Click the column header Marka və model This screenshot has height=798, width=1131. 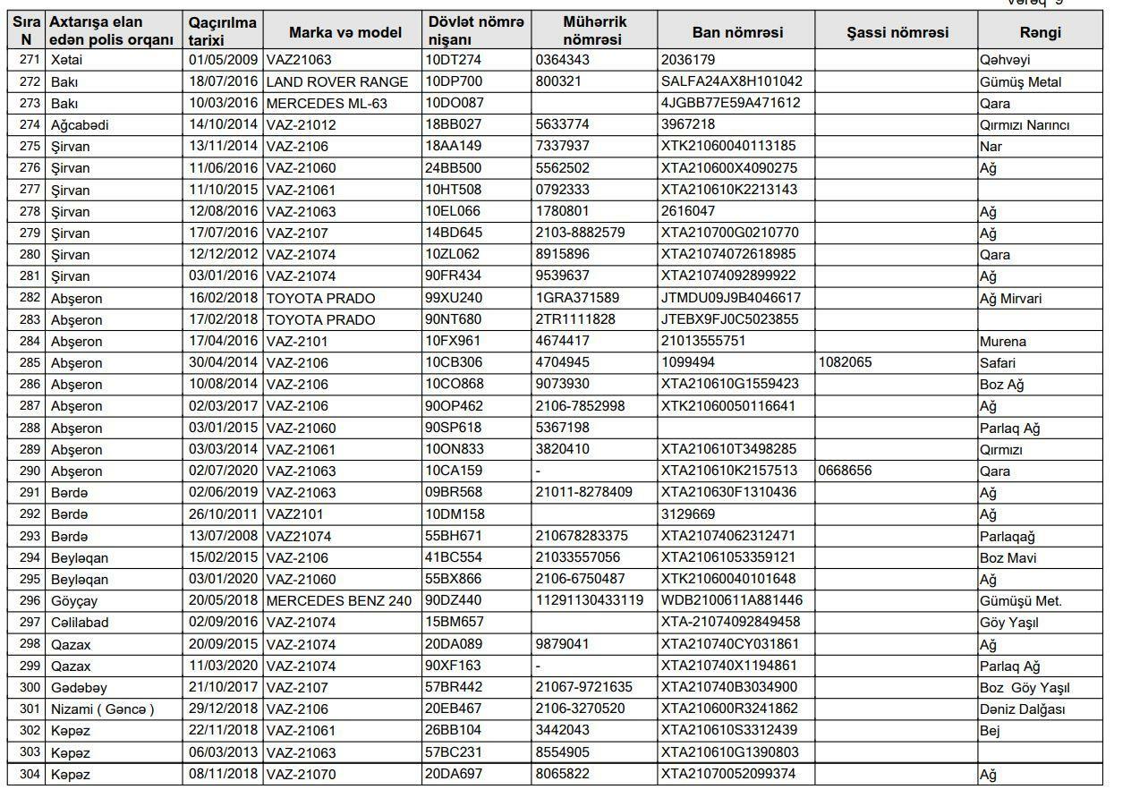(344, 32)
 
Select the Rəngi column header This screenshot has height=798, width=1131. (1040, 32)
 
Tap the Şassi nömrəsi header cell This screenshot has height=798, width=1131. (897, 32)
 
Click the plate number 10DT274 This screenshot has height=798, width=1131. (453, 60)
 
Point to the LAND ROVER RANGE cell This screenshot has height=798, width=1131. (337, 81)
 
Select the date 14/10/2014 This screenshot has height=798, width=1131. (223, 124)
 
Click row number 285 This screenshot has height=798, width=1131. (30, 363)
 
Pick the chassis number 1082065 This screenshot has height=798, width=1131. (845, 362)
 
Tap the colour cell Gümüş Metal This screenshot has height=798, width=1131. (1020, 81)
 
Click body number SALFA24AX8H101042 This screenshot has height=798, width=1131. (731, 81)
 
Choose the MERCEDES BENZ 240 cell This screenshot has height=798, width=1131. (339, 601)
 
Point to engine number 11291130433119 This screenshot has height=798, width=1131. (590, 600)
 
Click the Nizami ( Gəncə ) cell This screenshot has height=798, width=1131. (103, 709)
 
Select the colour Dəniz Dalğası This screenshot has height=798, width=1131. (1022, 709)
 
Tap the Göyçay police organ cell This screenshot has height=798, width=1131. (74, 601)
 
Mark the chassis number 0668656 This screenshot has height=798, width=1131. (845, 471)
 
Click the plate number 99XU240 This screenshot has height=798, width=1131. (453, 298)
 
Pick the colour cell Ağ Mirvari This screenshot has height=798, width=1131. (1010, 298)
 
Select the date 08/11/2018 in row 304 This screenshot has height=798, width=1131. (223, 774)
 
